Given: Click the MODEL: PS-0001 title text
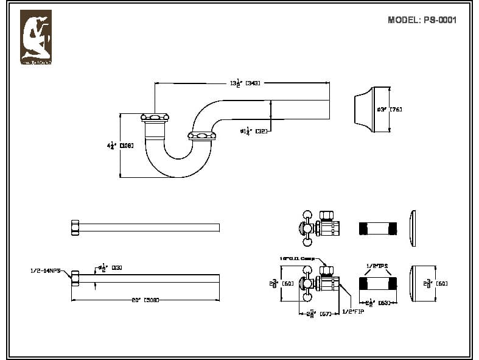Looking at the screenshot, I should point(422,20).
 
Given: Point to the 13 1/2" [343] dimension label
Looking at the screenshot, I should point(245,83).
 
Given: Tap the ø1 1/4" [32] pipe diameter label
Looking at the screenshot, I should point(254,130).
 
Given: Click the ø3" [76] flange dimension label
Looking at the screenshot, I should point(390,110).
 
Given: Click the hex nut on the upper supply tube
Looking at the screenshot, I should point(75,227).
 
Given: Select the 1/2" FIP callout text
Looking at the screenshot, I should point(353,311).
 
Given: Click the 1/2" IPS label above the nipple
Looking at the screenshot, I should point(377,266).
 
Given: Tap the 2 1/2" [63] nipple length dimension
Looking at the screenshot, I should point(377,302).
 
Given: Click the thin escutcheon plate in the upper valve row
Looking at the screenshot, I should point(413,229).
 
